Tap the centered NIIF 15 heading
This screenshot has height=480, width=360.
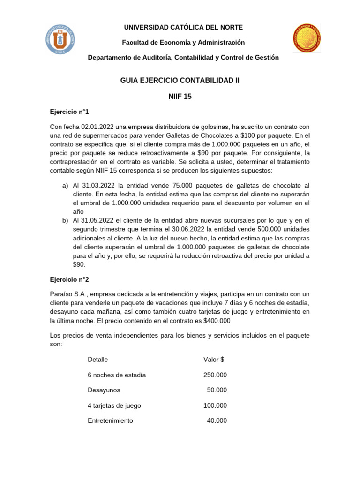[x=180, y=97]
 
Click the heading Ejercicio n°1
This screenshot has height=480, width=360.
[x=69, y=112]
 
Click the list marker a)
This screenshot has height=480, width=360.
[x=66, y=186]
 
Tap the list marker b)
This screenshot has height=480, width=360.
[x=66, y=220]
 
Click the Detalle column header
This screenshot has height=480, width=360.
[x=97, y=360]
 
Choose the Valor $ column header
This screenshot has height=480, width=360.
[x=214, y=360]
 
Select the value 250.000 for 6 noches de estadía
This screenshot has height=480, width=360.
[x=215, y=375]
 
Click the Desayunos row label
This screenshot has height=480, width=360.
[x=104, y=390]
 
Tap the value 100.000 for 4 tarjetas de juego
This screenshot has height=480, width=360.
[x=215, y=405]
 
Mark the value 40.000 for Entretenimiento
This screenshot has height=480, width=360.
[x=217, y=420]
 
